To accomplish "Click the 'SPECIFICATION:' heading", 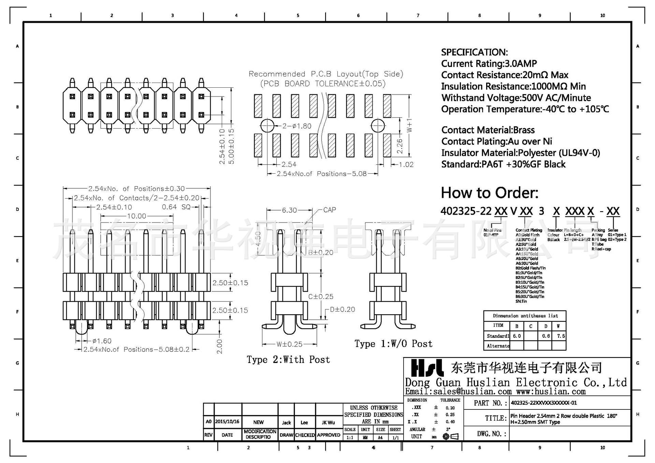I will click(474, 52).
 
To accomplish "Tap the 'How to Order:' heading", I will click(489, 193).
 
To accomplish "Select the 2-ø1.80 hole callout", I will click(296, 126).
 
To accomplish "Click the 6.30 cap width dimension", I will click(289, 210).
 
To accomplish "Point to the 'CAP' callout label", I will click(330, 210).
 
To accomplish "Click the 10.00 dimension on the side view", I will click(136, 216).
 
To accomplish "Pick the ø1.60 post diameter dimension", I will click(102, 341).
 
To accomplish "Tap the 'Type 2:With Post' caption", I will click(288, 360).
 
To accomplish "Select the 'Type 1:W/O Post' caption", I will click(393, 344).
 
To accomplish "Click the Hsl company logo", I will click(427, 368).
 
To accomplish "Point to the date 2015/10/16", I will click(227, 422).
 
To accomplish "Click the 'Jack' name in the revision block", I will click(286, 422).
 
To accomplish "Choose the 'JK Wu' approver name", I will click(328, 422).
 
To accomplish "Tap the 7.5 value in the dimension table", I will click(561, 336).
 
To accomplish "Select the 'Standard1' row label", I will click(498, 336).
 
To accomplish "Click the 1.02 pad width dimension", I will click(406, 164).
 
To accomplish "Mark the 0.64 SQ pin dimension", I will click(176, 207).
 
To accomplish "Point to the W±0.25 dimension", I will click(289, 344).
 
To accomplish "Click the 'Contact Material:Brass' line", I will click(488, 130).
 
